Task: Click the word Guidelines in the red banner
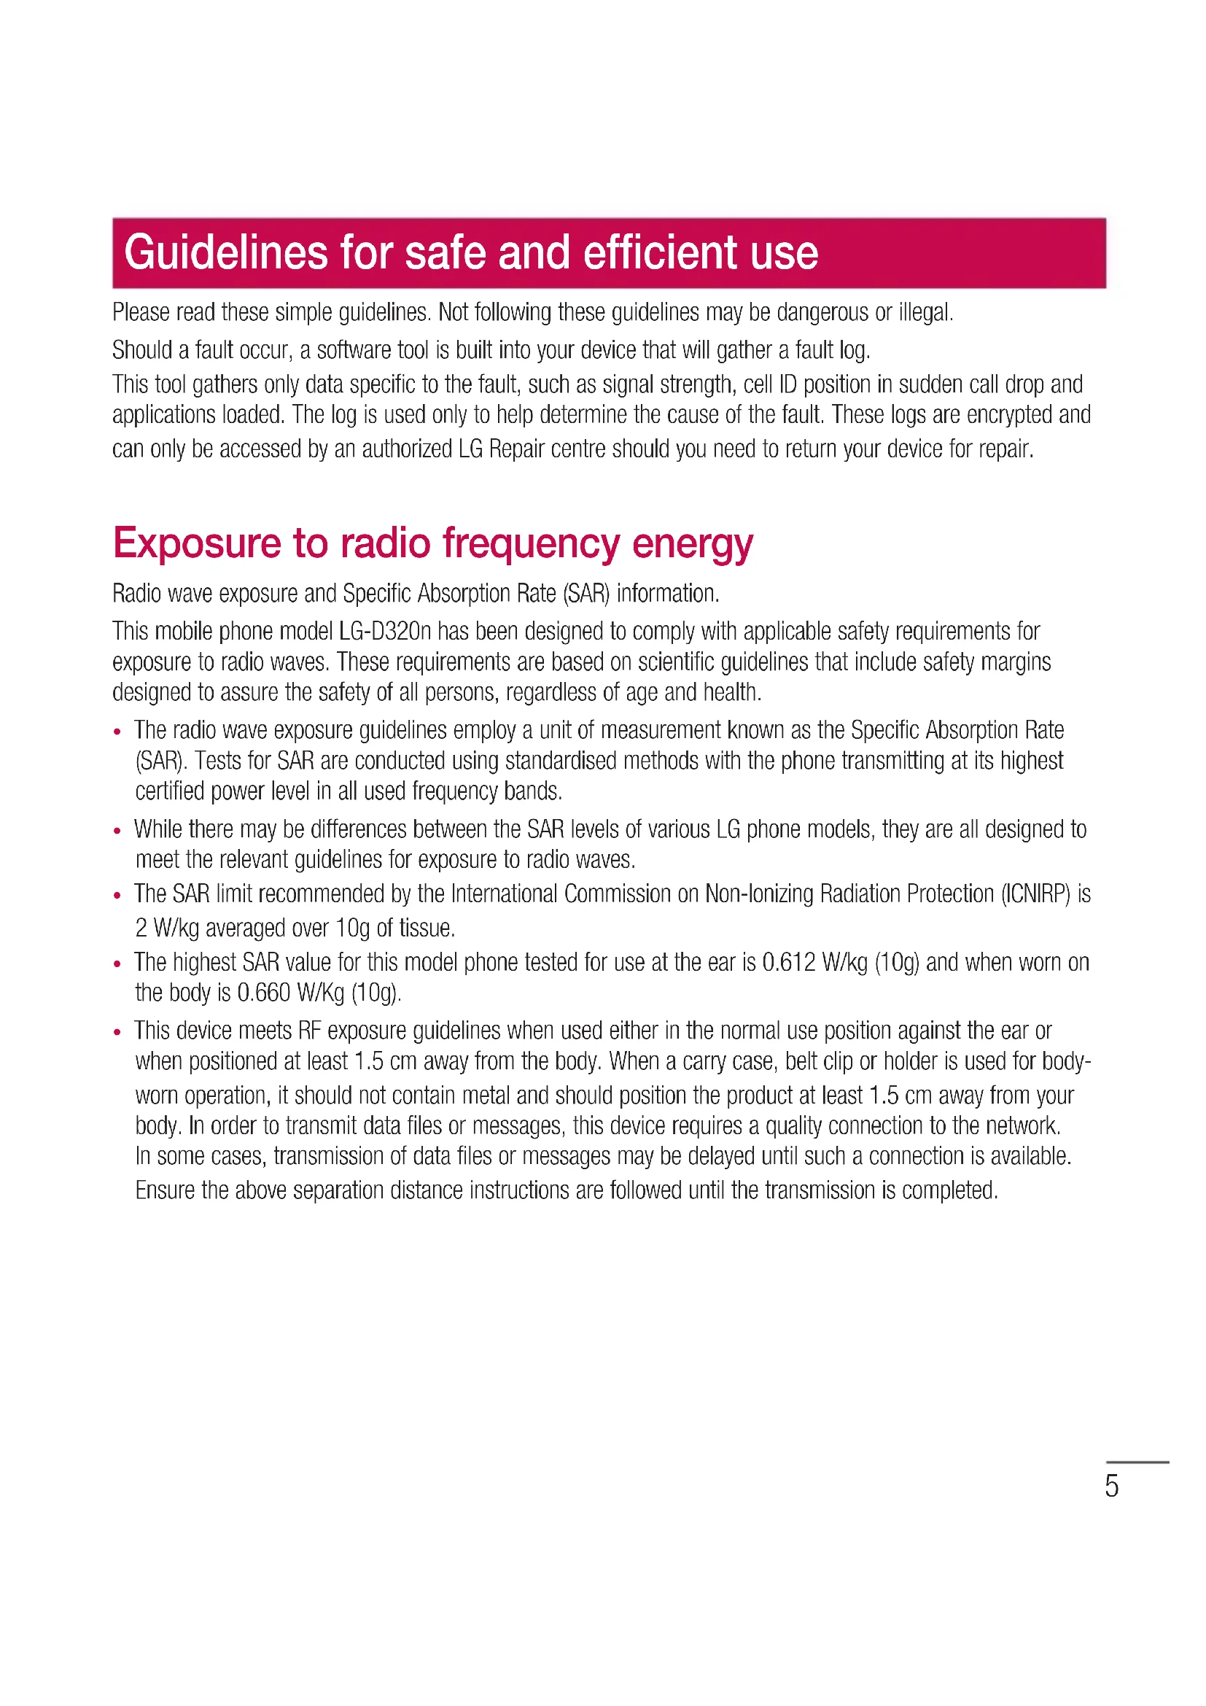point(226,252)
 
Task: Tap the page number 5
point(1111,1485)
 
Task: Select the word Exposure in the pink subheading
point(197,543)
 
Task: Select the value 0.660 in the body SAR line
point(264,993)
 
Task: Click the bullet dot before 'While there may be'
point(117,831)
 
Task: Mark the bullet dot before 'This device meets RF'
point(117,1032)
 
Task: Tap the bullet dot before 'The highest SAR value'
point(117,963)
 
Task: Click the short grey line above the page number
point(1137,1462)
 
